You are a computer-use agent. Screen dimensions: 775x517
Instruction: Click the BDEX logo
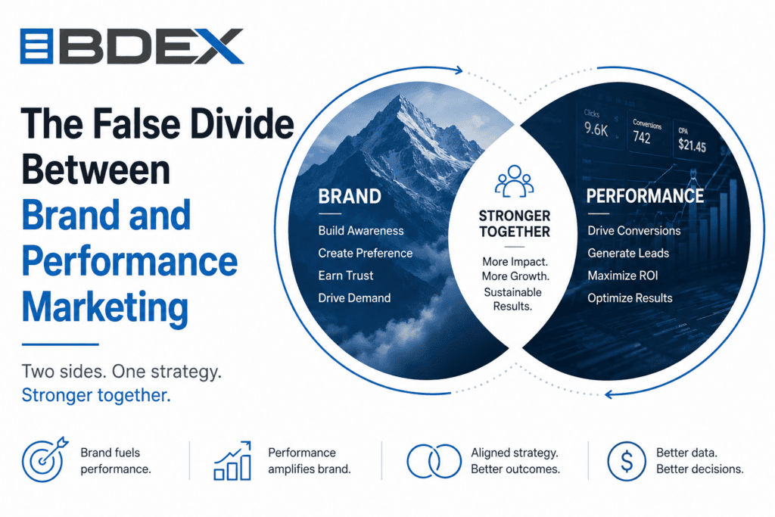(132, 46)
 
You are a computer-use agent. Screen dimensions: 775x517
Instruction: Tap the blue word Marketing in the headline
(104, 307)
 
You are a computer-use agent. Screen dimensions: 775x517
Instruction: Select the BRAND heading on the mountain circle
(350, 196)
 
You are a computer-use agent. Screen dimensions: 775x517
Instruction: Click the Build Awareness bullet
(361, 230)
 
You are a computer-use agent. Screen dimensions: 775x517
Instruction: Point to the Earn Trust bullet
(345, 276)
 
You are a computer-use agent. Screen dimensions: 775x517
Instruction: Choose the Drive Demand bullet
(354, 297)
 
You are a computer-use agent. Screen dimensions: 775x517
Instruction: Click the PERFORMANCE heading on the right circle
(645, 196)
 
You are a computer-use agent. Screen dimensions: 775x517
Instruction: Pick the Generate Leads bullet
(627, 253)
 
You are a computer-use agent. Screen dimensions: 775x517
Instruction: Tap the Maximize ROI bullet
(622, 276)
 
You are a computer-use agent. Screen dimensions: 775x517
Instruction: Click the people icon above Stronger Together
(515, 181)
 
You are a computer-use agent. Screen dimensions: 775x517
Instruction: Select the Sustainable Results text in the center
(512, 299)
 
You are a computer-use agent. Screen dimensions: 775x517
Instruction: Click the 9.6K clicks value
(596, 129)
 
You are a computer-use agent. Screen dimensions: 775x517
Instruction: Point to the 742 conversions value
(642, 138)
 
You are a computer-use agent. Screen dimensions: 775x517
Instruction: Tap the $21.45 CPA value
(692, 145)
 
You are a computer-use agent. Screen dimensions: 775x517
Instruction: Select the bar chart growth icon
(232, 461)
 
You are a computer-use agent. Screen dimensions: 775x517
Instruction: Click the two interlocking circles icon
(434, 461)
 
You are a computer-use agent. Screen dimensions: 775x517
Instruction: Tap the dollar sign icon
(626, 461)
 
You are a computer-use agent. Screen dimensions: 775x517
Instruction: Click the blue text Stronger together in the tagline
(96, 395)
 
